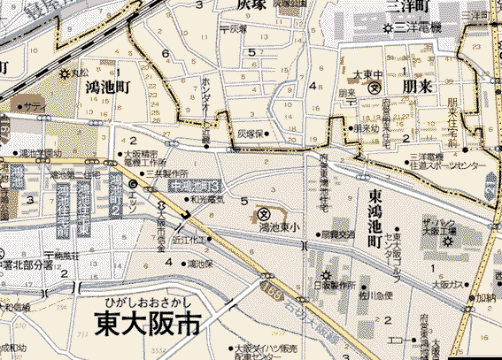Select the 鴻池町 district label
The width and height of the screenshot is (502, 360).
tap(108, 87)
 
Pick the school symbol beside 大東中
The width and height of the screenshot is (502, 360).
tap(374, 88)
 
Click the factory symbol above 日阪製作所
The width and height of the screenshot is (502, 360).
tap(327, 273)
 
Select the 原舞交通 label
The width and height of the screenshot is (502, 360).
tap(337, 234)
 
